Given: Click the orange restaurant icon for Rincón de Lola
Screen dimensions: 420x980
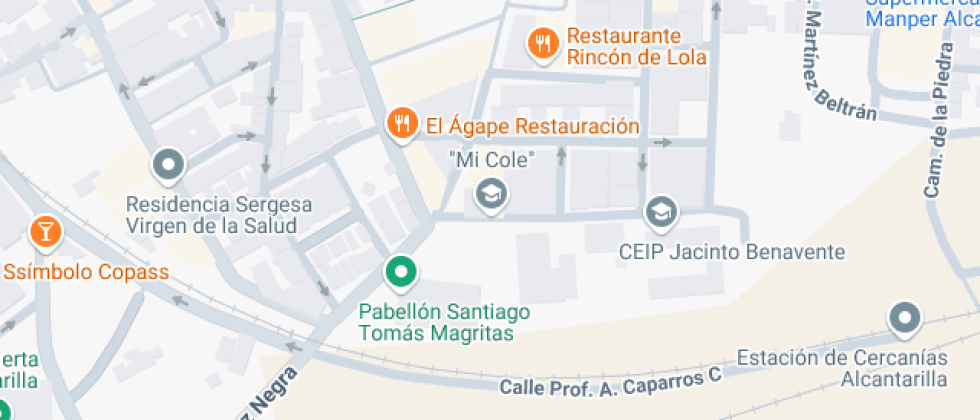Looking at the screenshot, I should click(x=543, y=43).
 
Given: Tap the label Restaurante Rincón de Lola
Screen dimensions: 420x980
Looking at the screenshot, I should click(x=636, y=46).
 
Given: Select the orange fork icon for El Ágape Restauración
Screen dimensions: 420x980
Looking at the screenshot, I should click(x=401, y=124).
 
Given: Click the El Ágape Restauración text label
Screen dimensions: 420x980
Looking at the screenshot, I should click(x=531, y=126).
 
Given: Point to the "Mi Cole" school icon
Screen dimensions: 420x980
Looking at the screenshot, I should click(x=491, y=192).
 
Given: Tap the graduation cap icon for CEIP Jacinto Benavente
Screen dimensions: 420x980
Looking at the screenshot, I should click(x=661, y=212).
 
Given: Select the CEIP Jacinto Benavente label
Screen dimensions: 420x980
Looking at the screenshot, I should click(x=732, y=251).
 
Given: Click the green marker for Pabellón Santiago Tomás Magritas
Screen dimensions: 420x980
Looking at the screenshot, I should click(x=401, y=270).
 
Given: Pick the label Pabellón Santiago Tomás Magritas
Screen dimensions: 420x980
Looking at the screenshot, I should click(x=444, y=322).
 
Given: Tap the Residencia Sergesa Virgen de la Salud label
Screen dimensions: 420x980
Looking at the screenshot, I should click(x=218, y=215).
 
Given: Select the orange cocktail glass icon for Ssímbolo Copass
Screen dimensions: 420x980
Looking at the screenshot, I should click(x=45, y=232).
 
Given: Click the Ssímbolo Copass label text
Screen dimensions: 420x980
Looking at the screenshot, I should click(x=85, y=271).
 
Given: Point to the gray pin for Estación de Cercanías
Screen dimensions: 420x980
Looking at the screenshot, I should click(x=905, y=319).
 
